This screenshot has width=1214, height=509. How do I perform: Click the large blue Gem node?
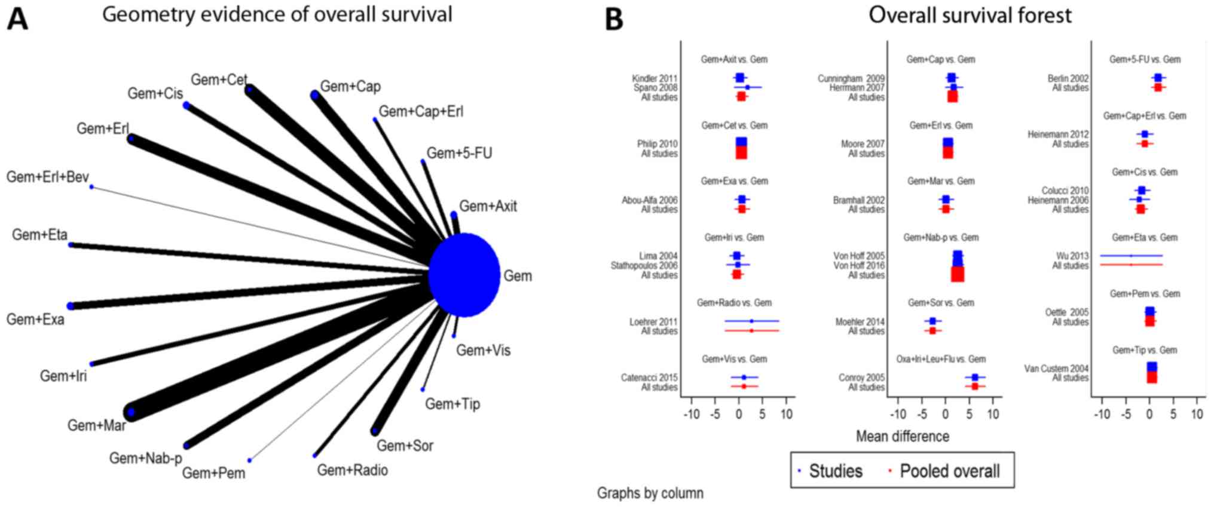coord(464,275)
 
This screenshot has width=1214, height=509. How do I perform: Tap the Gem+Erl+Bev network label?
coord(47,177)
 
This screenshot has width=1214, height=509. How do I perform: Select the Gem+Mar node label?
coord(96,425)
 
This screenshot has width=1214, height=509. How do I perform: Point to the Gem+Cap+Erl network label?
coord(421,112)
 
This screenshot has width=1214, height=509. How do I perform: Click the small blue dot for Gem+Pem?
coord(250,460)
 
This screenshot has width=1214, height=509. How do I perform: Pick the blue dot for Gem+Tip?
coord(423,390)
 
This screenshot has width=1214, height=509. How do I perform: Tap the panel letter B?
coord(614,19)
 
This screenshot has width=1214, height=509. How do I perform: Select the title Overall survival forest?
coord(970,15)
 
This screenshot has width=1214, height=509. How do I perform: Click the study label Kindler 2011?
coord(655,78)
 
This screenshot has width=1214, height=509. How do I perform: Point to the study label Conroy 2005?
coord(861,378)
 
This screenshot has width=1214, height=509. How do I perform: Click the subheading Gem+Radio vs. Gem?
coord(734,303)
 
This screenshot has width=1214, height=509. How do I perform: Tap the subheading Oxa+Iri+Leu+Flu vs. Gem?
coord(941,359)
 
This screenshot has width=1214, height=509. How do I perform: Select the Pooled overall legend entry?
coord(949,471)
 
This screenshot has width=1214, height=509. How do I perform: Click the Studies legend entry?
coord(835,471)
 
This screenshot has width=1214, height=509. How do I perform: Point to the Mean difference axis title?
coord(902,437)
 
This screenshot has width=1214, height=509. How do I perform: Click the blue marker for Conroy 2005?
coord(974,378)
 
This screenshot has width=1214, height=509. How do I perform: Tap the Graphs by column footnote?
coord(650,493)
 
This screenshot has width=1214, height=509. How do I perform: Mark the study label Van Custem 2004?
coord(1056,369)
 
